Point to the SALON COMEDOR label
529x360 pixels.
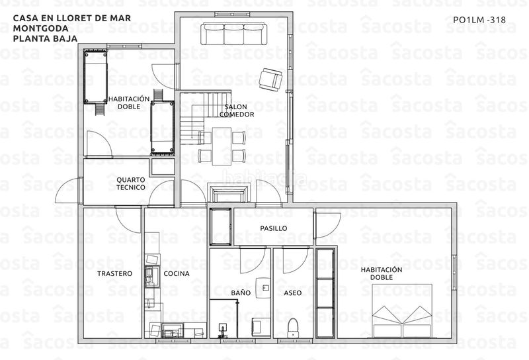click(x=236, y=111)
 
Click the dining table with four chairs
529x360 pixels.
click(x=222, y=147)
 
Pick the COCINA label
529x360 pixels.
click(x=177, y=273)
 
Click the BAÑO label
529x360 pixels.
click(x=241, y=292)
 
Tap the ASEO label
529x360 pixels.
click(x=292, y=292)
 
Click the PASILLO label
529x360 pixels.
click(x=273, y=228)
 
